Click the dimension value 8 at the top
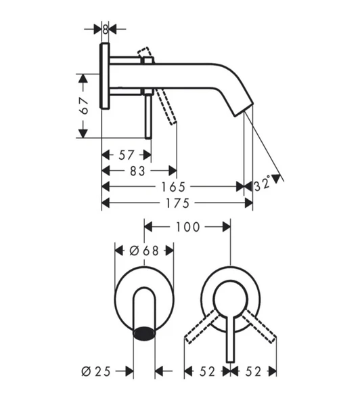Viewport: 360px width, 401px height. [106, 28]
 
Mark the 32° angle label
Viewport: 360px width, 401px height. [264, 184]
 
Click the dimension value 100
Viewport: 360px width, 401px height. [187, 227]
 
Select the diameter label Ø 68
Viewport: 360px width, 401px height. [143, 251]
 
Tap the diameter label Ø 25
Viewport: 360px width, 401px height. [95, 371]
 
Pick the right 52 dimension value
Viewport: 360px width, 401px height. [254, 371]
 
